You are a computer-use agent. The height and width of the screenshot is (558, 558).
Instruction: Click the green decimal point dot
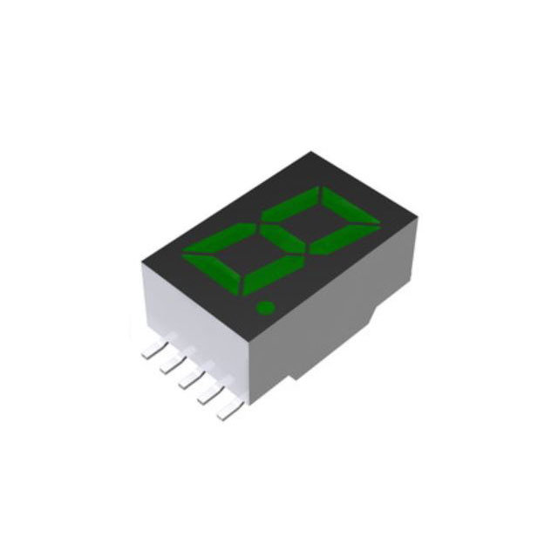[264, 307]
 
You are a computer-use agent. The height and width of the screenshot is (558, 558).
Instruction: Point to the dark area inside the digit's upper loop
[322, 217]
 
